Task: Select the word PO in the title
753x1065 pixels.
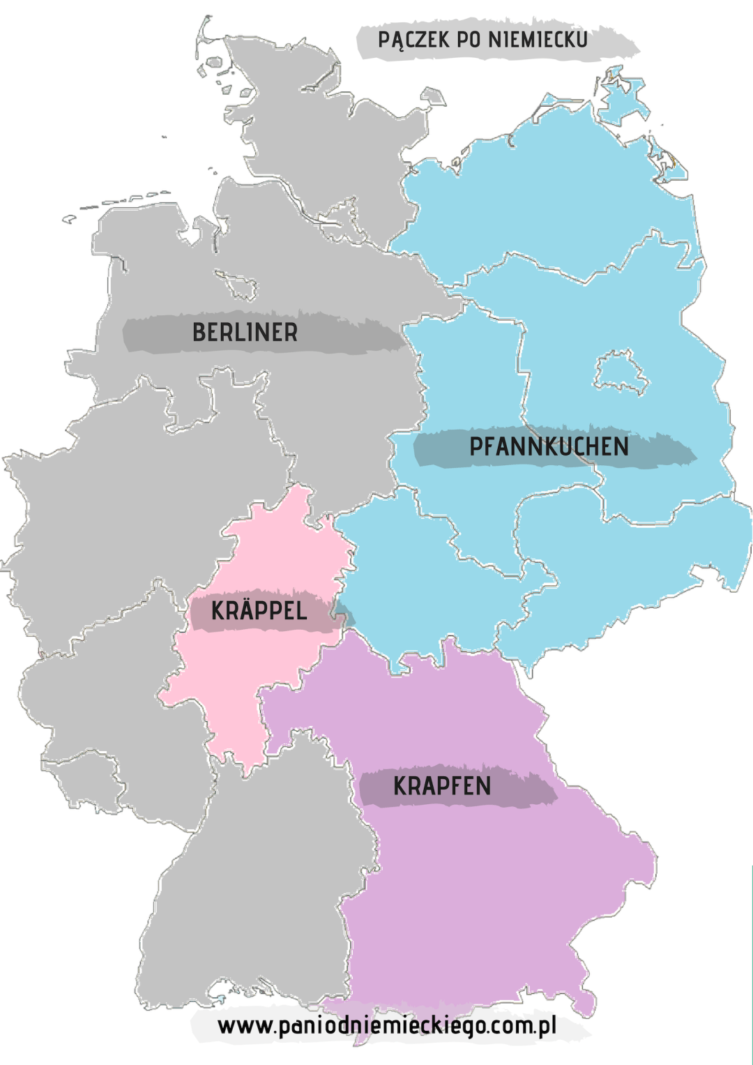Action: (x=469, y=40)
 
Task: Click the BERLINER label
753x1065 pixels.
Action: (x=245, y=333)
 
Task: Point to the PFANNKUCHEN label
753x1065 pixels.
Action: (x=549, y=447)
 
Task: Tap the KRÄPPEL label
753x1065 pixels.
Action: (x=259, y=611)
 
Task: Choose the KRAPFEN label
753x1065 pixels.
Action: (x=442, y=786)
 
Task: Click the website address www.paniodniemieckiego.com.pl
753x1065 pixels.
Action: (x=387, y=1026)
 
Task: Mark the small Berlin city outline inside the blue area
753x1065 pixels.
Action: (x=620, y=371)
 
